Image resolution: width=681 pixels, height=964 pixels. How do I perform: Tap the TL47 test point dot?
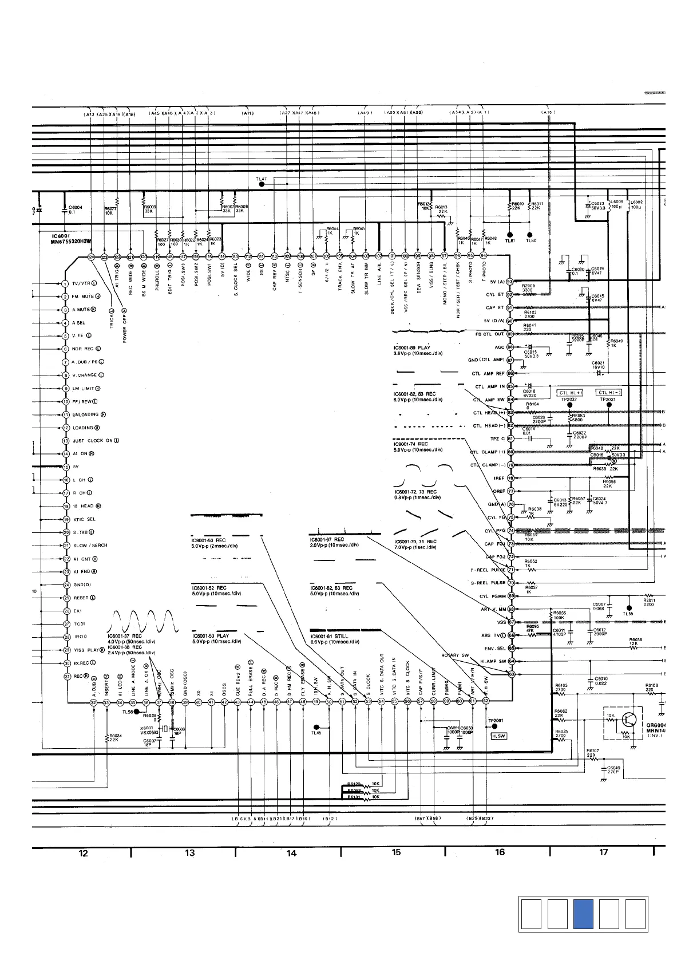tap(262, 185)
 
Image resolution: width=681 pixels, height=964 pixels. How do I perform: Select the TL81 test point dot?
tap(510, 234)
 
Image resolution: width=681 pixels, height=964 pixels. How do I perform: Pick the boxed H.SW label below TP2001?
tap(498, 736)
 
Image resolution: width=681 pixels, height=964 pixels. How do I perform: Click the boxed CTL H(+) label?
tap(569, 393)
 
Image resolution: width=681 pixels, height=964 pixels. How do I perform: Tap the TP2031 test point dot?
tap(609, 405)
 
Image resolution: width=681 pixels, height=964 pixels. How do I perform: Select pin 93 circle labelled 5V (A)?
tap(510, 282)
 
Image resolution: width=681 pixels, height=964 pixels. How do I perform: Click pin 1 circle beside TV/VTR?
tap(66, 284)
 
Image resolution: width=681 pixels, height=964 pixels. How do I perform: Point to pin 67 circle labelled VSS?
tap(512, 622)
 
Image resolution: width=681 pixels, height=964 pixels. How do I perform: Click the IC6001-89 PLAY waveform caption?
tap(411, 347)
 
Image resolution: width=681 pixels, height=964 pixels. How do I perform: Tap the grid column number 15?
tap(396, 852)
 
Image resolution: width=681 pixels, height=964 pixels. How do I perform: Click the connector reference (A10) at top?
tap(548, 113)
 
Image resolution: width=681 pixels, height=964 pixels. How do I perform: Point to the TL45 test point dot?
tap(316, 727)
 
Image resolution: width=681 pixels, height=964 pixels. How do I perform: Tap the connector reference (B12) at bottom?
tap(330, 819)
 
